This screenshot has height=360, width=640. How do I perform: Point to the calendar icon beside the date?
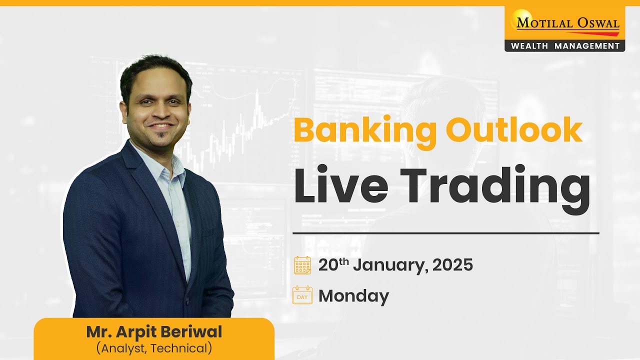coord(302,265)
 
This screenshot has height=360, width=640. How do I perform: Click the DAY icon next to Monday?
coord(302,295)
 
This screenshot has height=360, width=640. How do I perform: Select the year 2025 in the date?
coord(452,265)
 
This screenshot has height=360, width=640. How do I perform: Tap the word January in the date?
coord(389,265)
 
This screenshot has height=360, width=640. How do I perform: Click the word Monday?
coord(353,296)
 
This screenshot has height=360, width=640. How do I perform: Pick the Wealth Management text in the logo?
coord(565,46)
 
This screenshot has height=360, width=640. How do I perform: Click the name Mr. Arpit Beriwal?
coord(154,332)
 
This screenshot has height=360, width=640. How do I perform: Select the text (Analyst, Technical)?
coord(154,348)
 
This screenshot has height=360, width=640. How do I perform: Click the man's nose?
coord(159,111)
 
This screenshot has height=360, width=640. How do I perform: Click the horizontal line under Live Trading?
coord(445,233)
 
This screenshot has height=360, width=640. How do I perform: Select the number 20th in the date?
coord(333,264)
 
